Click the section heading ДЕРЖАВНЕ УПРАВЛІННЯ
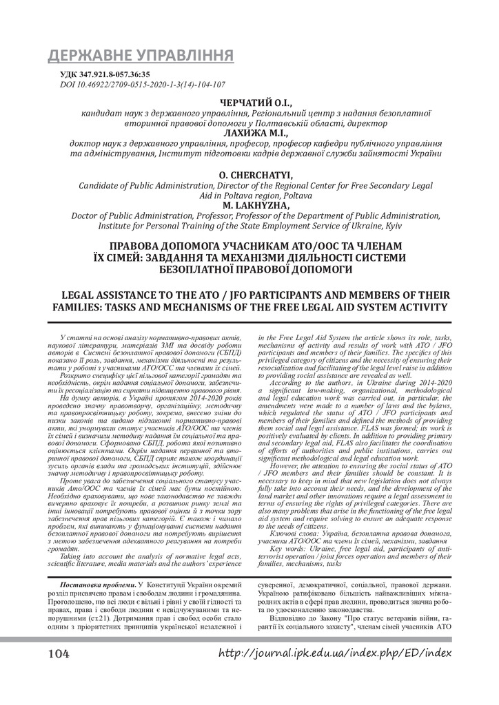[x=140, y=56]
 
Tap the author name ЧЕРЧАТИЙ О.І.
[x=254, y=103]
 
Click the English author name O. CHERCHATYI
[x=254, y=176]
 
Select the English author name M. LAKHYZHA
[x=254, y=204]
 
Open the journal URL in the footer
[x=335, y=653]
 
